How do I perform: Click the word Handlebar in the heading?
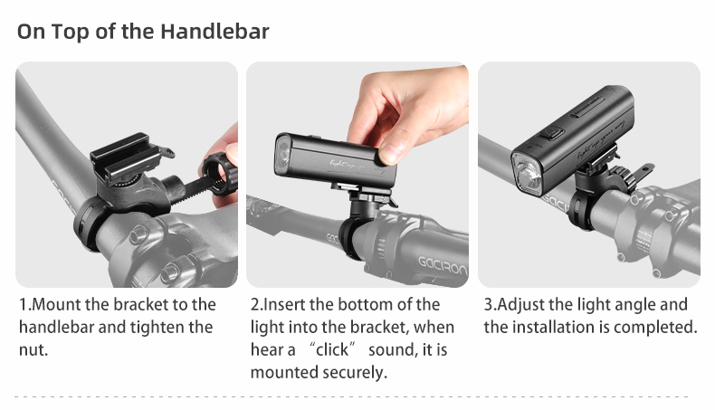(x=214, y=32)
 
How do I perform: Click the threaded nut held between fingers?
(x=220, y=175)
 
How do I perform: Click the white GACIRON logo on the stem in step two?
(x=443, y=265)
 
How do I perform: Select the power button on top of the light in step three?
(x=552, y=134)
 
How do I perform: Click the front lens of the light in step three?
(x=527, y=174)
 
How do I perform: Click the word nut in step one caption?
(x=33, y=349)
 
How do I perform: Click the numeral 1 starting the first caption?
(x=23, y=304)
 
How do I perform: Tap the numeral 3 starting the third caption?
(x=488, y=304)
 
